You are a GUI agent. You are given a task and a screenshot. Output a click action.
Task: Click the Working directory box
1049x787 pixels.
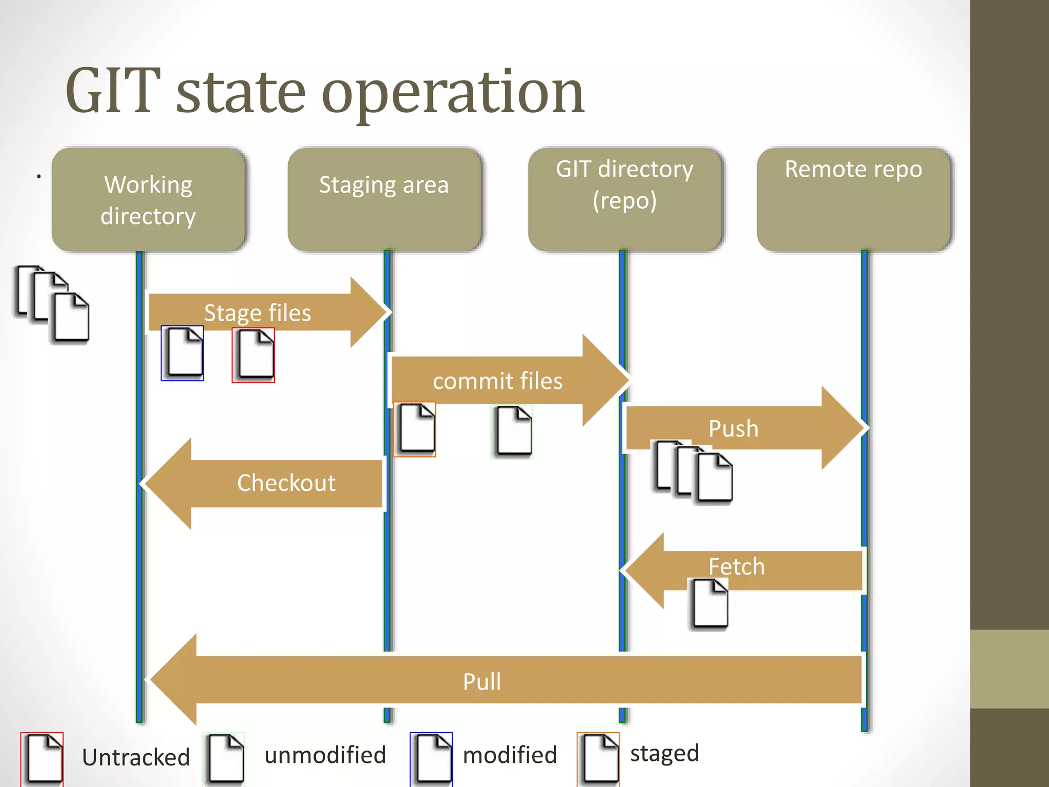click(148, 200)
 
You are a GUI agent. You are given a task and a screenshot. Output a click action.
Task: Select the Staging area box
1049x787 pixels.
click(384, 200)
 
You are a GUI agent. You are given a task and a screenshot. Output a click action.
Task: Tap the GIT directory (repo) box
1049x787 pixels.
click(624, 200)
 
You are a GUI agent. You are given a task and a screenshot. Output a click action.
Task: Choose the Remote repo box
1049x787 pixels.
click(853, 200)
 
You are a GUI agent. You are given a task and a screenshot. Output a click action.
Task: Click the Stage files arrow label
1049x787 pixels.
click(257, 313)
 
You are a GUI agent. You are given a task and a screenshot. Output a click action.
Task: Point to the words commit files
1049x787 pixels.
click(497, 381)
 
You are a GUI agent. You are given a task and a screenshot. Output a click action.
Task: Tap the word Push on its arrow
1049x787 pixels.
click(733, 429)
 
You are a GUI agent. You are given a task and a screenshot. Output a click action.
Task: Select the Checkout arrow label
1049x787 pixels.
click(286, 483)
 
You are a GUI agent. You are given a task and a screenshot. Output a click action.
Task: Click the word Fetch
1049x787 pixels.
click(736, 567)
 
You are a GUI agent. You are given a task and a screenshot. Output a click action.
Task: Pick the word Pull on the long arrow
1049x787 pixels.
click(481, 682)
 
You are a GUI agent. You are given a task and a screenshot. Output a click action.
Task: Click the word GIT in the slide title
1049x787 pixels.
click(113, 91)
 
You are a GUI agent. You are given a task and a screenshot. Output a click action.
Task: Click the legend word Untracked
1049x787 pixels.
click(136, 757)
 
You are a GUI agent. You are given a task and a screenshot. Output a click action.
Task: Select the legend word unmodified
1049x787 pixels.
click(325, 755)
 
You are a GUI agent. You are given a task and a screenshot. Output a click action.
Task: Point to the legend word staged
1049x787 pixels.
click(664, 753)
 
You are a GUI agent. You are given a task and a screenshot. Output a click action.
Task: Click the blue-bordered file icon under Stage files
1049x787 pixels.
click(182, 354)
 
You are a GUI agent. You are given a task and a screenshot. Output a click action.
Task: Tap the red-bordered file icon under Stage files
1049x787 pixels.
click(253, 355)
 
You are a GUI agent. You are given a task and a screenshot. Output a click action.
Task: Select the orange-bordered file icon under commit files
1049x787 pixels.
click(414, 429)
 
